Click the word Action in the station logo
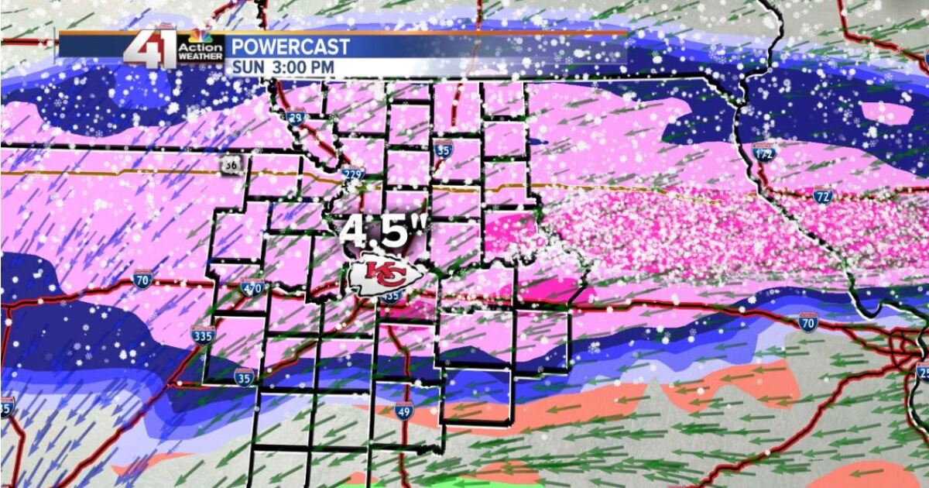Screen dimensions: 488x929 point(201,47)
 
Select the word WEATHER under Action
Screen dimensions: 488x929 point(201,57)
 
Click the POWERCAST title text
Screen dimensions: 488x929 point(290,47)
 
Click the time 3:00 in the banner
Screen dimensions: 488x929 point(288,67)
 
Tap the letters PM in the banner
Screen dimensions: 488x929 point(324,67)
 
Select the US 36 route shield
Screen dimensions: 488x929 point(231,165)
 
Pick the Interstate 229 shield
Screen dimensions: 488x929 point(353,176)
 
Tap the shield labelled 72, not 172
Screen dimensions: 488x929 point(823,196)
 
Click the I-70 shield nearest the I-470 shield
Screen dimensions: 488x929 point(142,280)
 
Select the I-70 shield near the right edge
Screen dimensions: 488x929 point(808,322)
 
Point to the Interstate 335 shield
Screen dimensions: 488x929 point(202,335)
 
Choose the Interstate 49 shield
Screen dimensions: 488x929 point(403,410)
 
